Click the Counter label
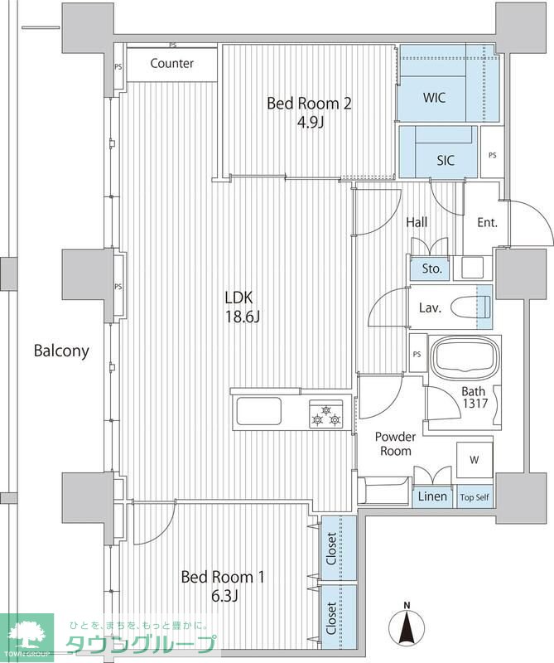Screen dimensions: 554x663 [171, 64]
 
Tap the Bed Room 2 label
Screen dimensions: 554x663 [309, 103]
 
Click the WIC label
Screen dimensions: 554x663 [434, 98]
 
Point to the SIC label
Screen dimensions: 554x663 [446, 160]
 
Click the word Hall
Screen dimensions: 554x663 [417, 222]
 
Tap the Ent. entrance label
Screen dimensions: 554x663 [487, 222]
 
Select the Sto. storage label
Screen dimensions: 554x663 [432, 268]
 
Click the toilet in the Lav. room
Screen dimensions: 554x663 [470, 307]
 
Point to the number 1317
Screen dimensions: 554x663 [475, 404]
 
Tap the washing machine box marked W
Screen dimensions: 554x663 [475, 460]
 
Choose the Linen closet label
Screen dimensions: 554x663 [432, 496]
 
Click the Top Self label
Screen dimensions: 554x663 [475, 497]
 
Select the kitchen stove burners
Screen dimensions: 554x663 [325, 414]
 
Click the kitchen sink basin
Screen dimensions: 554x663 [258, 411]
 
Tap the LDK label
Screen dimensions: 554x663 [238, 298]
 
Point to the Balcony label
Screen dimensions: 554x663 [61, 351]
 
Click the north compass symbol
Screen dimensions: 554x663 [407, 624]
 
